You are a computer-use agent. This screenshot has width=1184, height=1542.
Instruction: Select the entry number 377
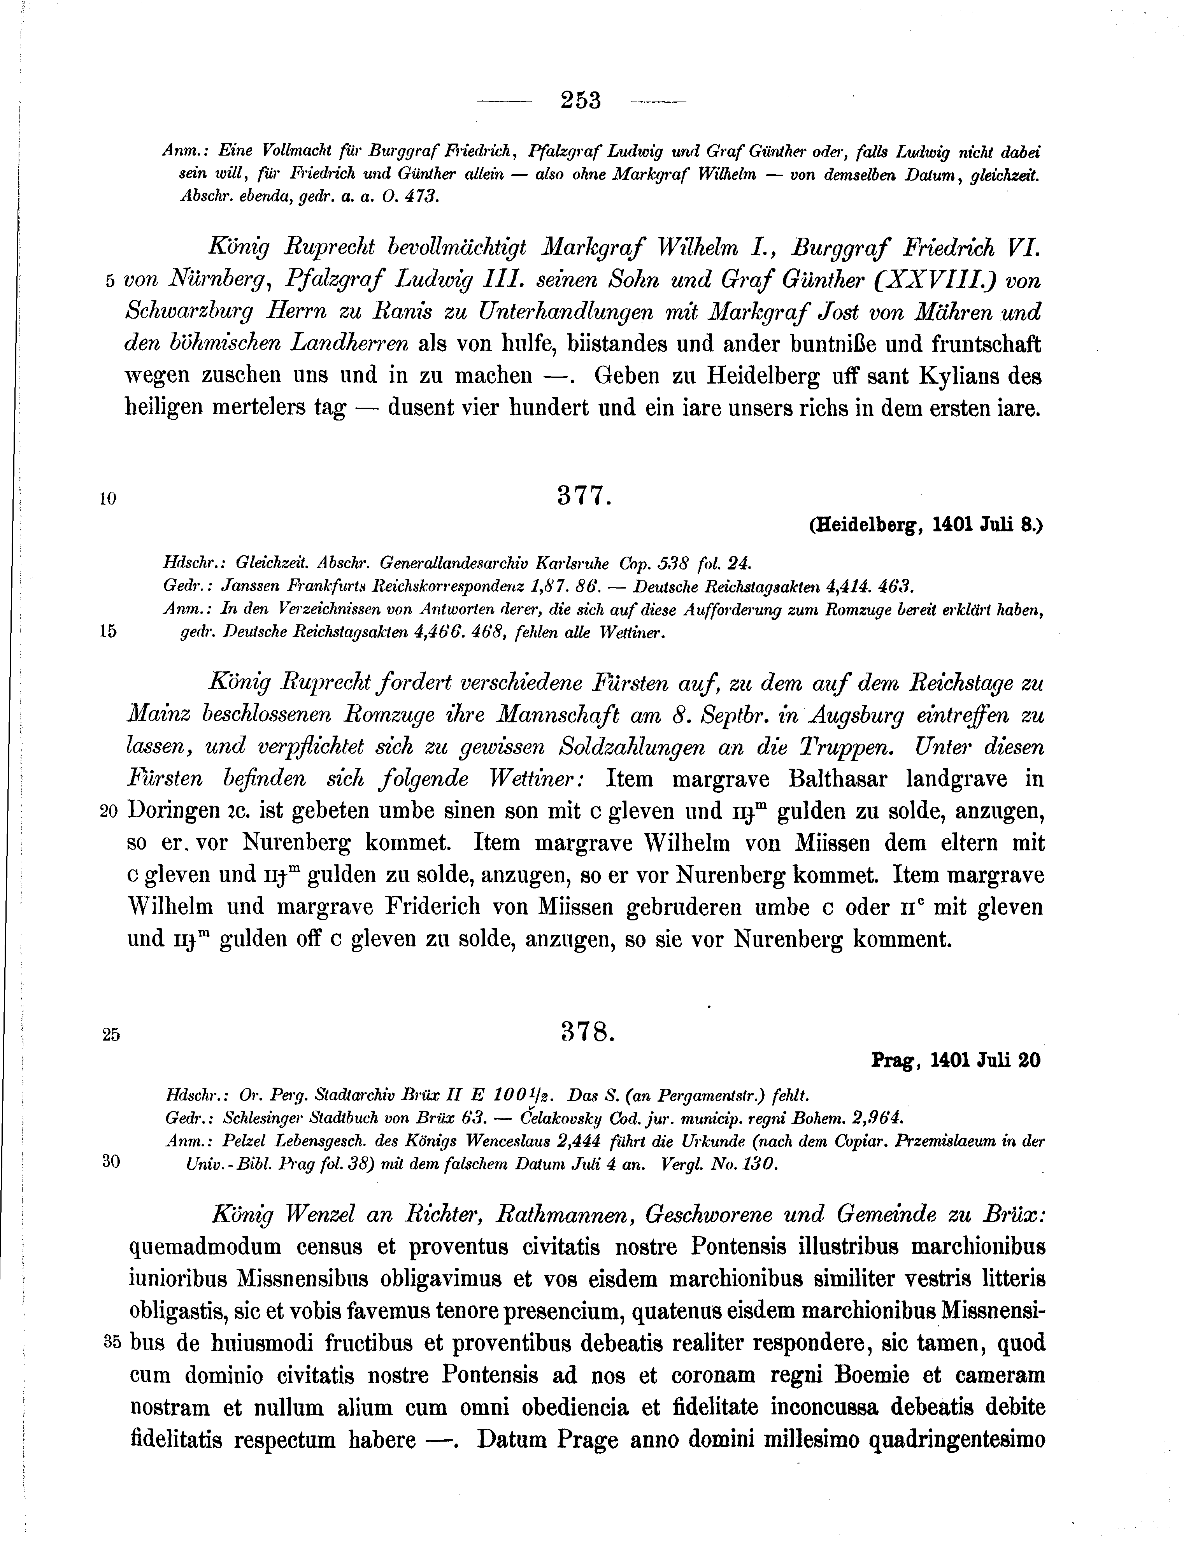click(x=582, y=497)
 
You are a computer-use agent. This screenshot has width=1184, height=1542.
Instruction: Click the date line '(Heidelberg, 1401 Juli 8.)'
click(x=925, y=526)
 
